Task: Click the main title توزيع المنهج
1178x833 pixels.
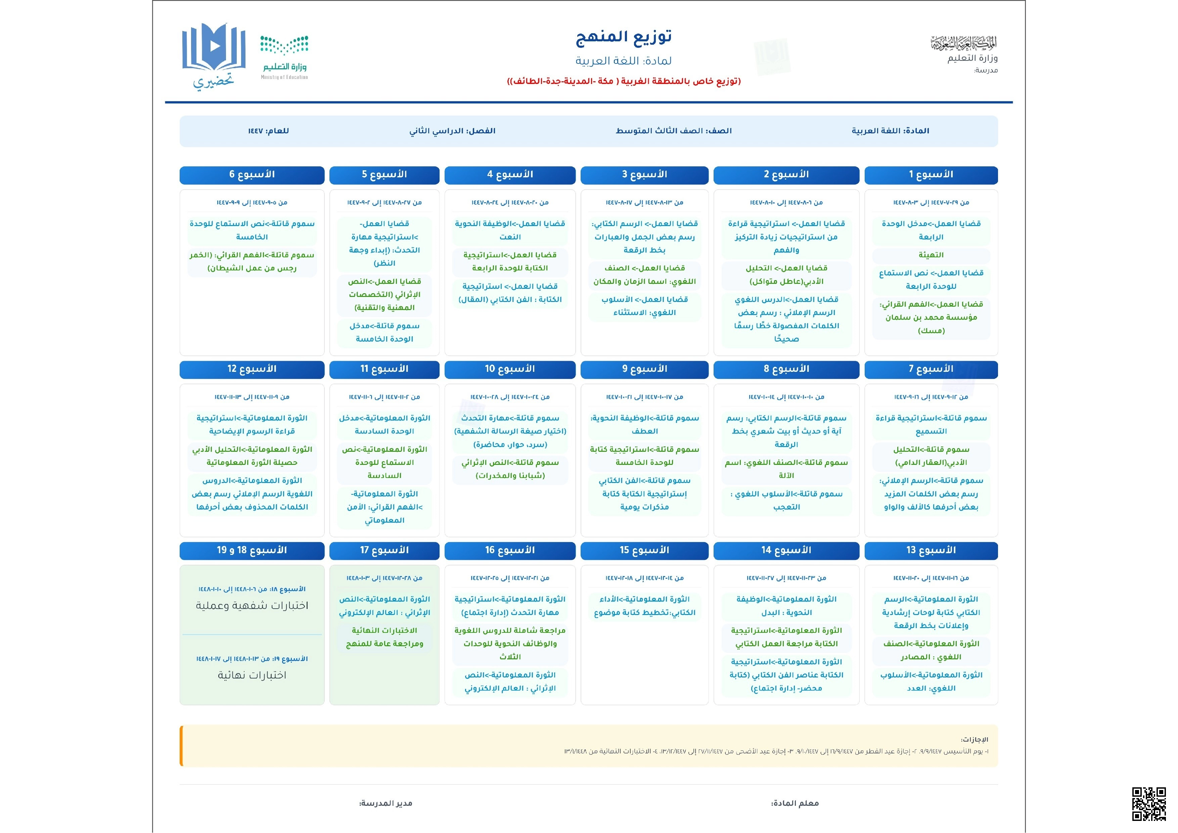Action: pos(623,37)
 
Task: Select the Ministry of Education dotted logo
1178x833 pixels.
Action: pos(284,56)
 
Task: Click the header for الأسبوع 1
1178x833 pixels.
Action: pos(931,175)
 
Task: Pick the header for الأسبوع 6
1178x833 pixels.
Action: pos(252,175)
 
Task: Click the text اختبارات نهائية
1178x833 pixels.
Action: pos(252,675)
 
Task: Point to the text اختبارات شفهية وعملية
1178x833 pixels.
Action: pos(252,606)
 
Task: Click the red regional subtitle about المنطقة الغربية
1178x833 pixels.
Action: pos(623,81)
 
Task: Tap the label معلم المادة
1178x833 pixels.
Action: pos(795,803)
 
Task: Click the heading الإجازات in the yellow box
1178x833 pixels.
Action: pos(974,740)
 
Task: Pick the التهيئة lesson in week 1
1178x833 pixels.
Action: pos(931,255)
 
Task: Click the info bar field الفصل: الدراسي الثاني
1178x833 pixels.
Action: pos(452,131)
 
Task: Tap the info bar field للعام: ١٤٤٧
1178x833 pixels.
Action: pos(268,131)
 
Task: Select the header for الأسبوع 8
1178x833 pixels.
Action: pos(786,369)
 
